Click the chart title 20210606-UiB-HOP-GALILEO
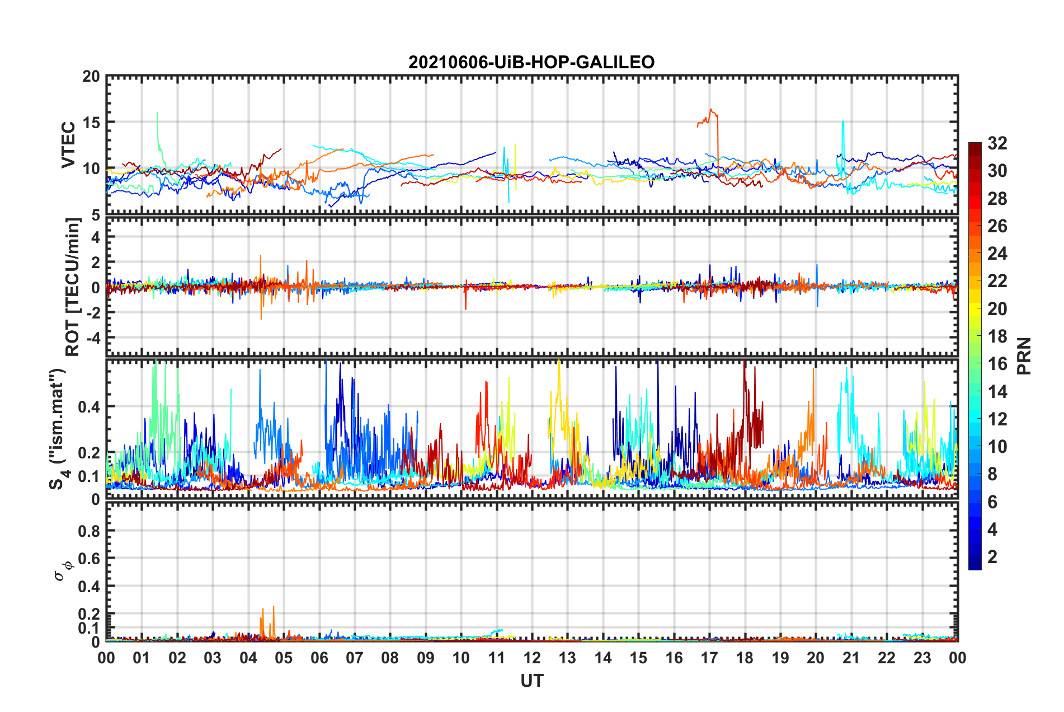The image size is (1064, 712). point(531,62)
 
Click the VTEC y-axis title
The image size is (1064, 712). point(68,144)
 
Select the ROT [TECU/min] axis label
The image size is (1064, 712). point(73,287)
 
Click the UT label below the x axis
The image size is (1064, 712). point(531,681)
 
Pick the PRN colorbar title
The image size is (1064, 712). point(1024,356)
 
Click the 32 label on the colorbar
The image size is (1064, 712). point(997,143)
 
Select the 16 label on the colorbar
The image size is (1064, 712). point(997,364)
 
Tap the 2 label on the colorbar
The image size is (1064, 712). point(992,557)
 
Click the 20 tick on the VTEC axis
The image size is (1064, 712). point(91,77)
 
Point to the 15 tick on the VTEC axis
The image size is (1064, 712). point(91,123)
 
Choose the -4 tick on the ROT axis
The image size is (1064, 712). point(92,338)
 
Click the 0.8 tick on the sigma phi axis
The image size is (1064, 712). point(90,531)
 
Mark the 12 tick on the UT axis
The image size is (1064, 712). point(532,658)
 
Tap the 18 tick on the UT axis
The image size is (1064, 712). point(745,658)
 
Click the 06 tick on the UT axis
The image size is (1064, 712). point(319,658)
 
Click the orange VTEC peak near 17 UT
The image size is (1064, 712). point(710,110)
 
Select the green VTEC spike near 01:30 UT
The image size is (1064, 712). point(157,114)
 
